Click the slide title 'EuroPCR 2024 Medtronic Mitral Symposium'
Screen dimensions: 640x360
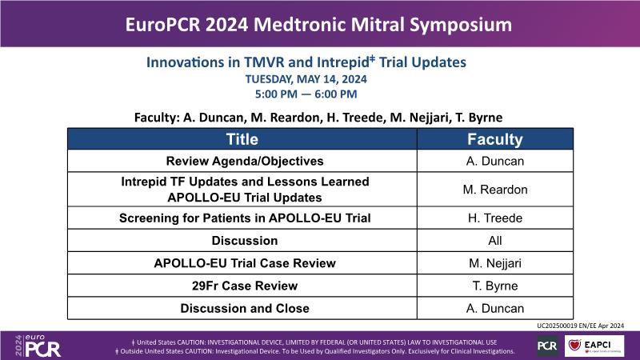pyautogui.click(x=318, y=25)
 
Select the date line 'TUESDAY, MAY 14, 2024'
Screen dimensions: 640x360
pyautogui.click(x=306, y=79)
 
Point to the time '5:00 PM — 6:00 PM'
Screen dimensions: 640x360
pyautogui.click(x=306, y=94)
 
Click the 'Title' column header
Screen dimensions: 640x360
pyautogui.click(x=242, y=139)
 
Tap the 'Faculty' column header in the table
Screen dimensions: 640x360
pyautogui.click(x=495, y=139)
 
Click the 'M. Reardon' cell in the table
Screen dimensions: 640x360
pyautogui.click(x=495, y=190)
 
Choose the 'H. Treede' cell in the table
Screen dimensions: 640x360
pyautogui.click(x=495, y=218)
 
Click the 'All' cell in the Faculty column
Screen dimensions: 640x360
pyautogui.click(x=495, y=241)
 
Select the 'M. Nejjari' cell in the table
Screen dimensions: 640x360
pyautogui.click(x=495, y=263)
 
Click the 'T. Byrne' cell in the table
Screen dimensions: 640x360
pyautogui.click(x=495, y=286)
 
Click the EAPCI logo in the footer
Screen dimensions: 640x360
pyautogui.click(x=594, y=346)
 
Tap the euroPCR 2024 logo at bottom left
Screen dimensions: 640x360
pyautogui.click(x=38, y=346)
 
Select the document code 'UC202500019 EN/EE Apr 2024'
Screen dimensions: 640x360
pyautogui.click(x=581, y=326)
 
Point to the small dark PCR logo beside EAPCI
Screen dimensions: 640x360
pyautogui.click(x=547, y=346)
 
